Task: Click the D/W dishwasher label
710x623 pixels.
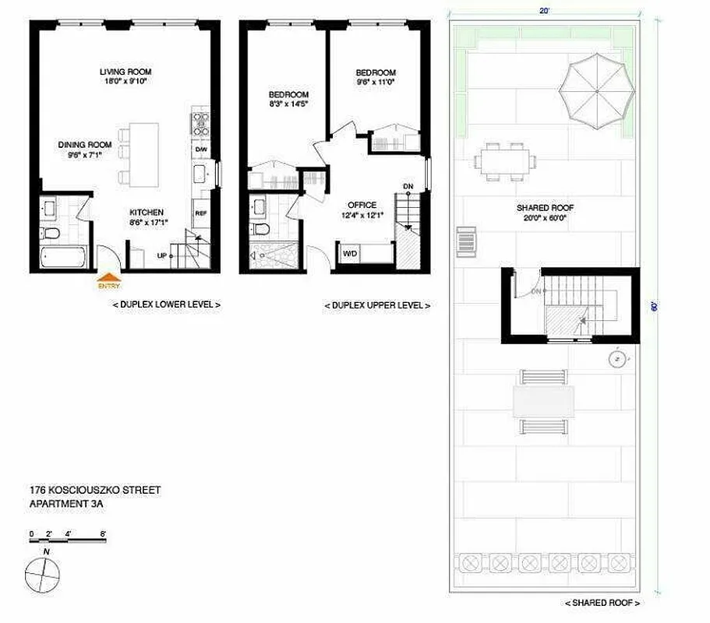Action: tap(201, 150)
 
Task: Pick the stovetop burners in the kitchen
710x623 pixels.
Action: tap(200, 125)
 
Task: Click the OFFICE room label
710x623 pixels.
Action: tap(362, 206)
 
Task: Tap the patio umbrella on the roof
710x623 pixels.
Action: tap(596, 91)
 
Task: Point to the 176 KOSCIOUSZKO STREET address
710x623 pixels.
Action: tap(94, 491)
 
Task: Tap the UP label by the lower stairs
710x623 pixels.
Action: tap(161, 255)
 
